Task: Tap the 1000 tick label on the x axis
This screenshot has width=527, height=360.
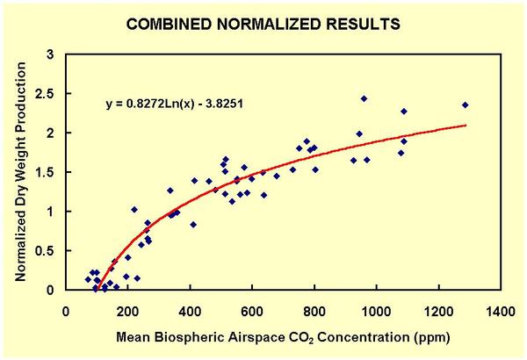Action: point(377,310)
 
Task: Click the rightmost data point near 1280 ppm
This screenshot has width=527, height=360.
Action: point(465,105)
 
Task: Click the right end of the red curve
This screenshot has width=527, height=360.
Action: point(465,126)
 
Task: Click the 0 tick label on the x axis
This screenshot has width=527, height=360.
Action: point(68,310)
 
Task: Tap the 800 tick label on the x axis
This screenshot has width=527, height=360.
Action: point(315,310)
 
